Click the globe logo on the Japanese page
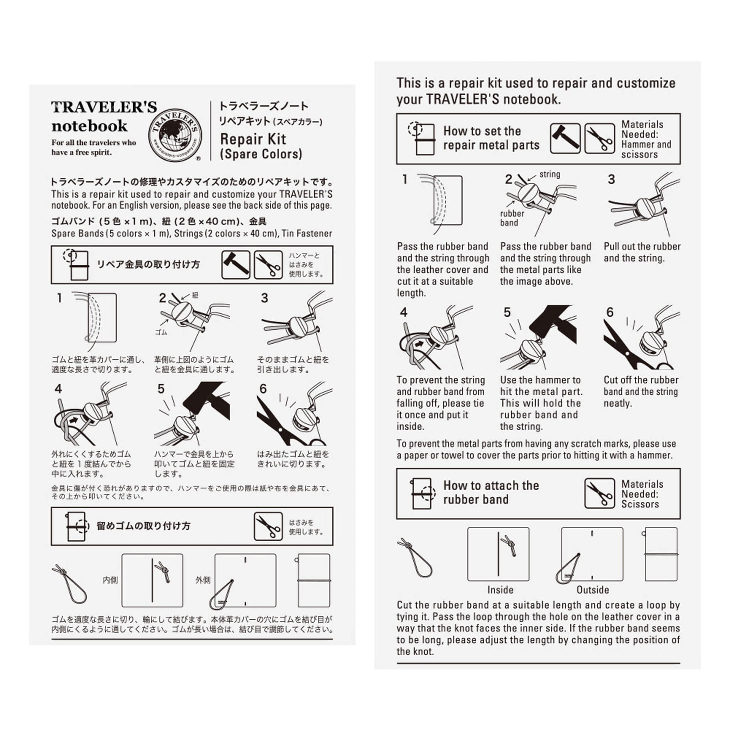[175, 136]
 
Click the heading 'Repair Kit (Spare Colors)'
[261, 146]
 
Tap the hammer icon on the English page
[565, 139]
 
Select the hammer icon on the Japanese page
[236, 264]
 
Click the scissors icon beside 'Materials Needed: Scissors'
[599, 493]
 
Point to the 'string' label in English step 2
[550, 174]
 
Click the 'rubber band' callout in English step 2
[512, 218]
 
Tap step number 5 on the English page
[507, 312]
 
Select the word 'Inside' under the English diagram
[500, 590]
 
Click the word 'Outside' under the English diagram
[592, 590]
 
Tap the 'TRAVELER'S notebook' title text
[104, 116]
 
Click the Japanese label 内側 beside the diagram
[110, 580]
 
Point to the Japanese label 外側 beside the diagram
[203, 580]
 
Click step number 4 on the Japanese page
[58, 389]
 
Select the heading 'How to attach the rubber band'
[491, 492]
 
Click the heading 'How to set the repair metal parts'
[491, 138]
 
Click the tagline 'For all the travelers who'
[94, 143]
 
